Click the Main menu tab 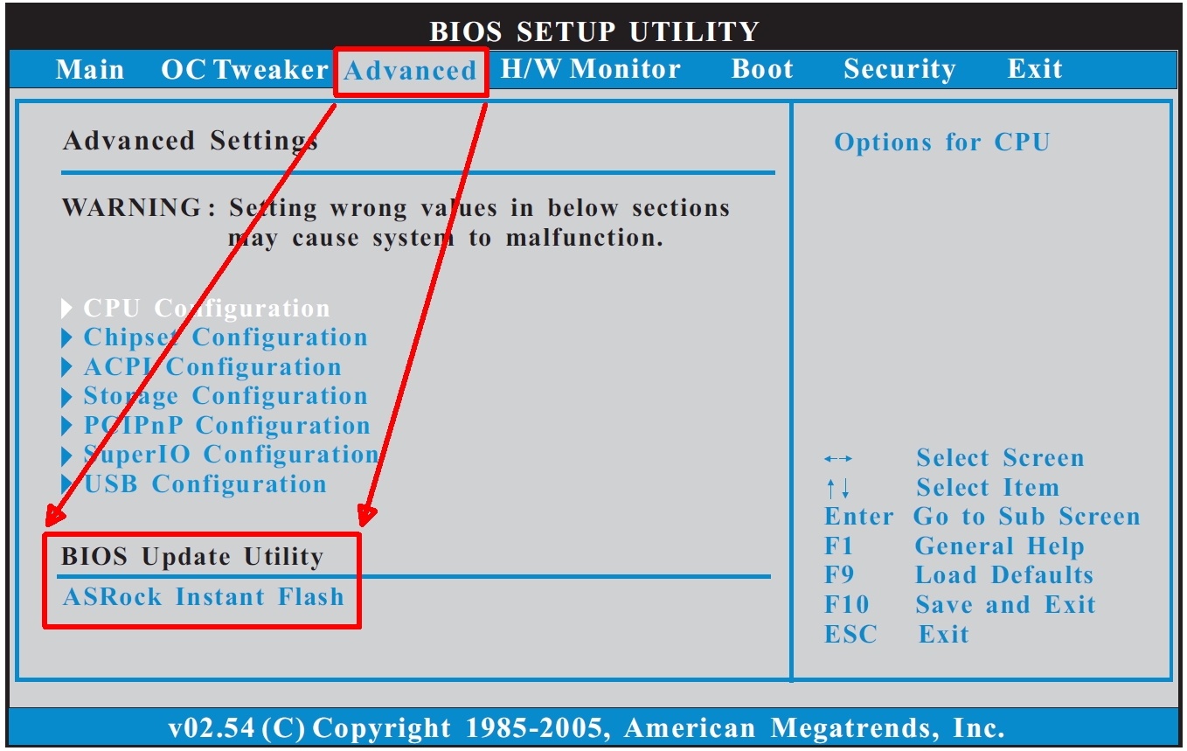click(89, 69)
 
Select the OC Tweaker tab click(244, 69)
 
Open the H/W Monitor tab click(590, 69)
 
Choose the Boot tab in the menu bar click(762, 69)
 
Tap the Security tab click(899, 69)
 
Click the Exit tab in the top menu click(1034, 69)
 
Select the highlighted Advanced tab click(411, 71)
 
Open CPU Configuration click(206, 308)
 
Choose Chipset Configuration click(226, 337)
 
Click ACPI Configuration click(212, 366)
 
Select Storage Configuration click(226, 396)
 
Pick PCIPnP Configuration click(226, 426)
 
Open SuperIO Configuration click(231, 455)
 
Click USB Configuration click(205, 483)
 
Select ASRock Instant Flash click(204, 597)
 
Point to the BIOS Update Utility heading click(191, 557)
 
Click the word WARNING click(131, 207)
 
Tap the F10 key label click(846, 604)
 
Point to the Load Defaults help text click(1004, 575)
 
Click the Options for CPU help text click(941, 142)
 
